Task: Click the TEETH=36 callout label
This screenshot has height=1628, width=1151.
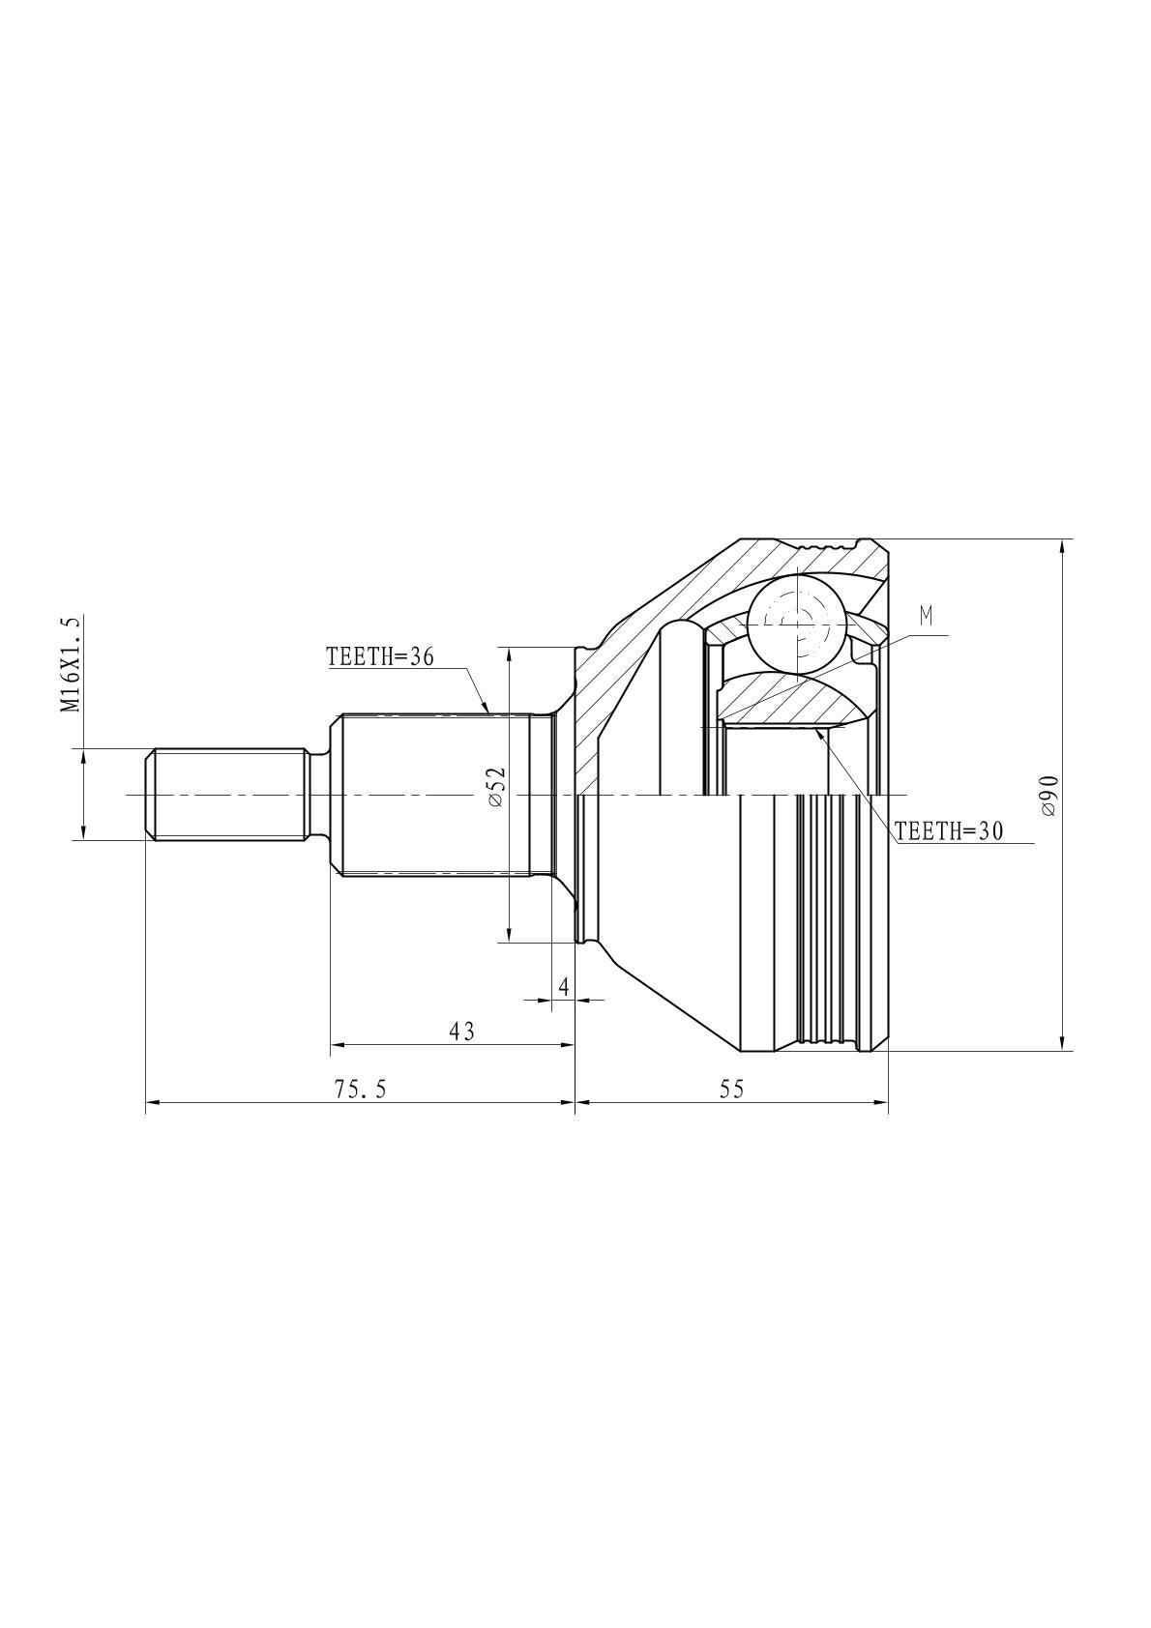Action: [379, 657]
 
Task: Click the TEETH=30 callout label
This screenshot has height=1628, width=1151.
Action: [949, 830]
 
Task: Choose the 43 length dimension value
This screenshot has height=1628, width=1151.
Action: [461, 1031]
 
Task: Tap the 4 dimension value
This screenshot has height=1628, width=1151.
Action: [563, 986]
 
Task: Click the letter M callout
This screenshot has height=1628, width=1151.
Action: [926, 617]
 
